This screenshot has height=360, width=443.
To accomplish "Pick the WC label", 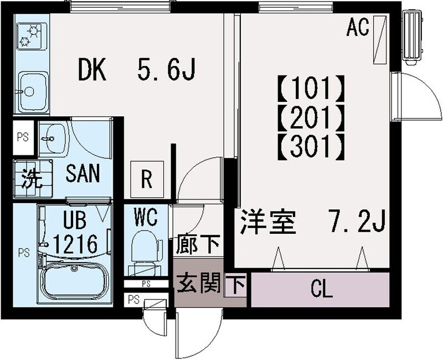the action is [x=145, y=216].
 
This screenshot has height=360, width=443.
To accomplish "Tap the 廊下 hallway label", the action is [x=198, y=243].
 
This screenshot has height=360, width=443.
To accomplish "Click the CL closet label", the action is [x=322, y=288].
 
